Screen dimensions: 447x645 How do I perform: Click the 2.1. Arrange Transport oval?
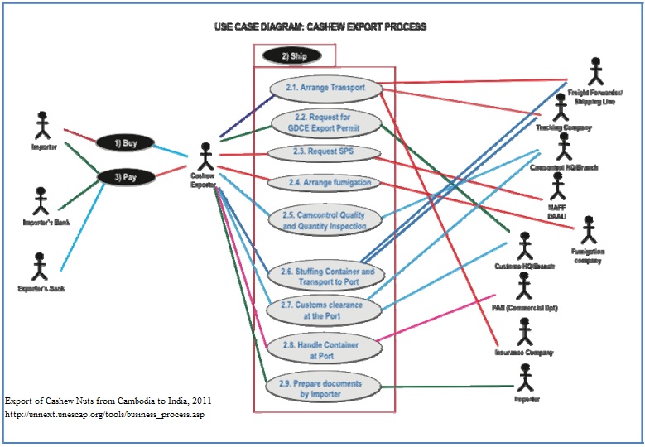coord(325,88)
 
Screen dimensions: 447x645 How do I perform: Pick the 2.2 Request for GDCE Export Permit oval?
coord(325,123)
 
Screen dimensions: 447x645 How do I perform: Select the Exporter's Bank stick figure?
coord(38,268)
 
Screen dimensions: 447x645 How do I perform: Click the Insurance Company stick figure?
coord(523,331)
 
